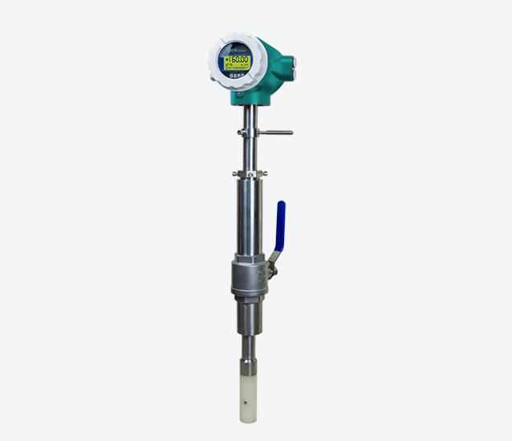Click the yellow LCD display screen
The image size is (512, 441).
238,60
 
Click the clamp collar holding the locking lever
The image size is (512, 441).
249,132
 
